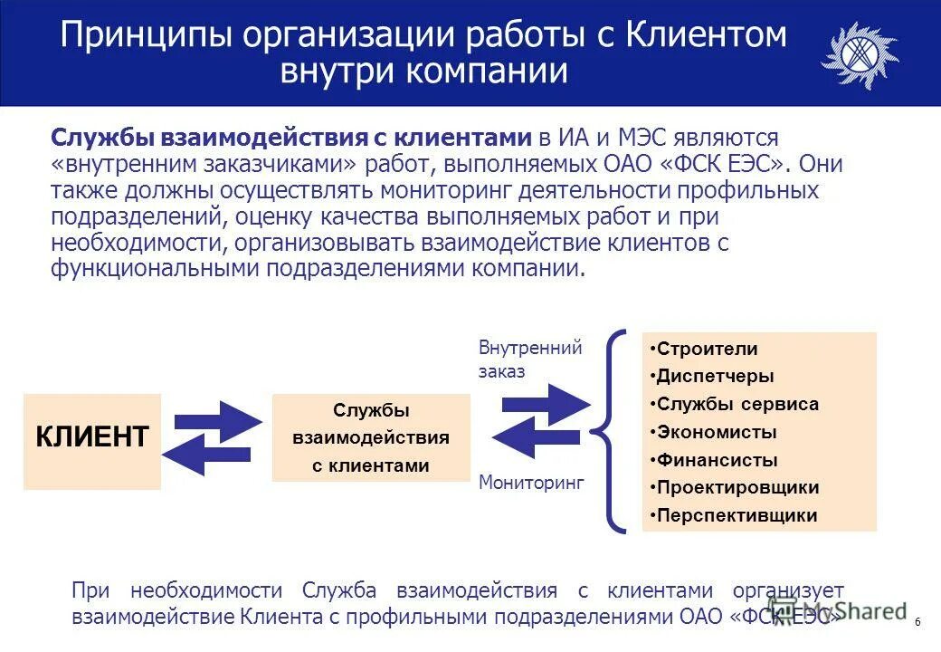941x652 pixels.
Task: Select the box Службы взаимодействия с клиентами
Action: point(371,438)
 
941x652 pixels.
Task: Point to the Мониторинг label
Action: point(531,483)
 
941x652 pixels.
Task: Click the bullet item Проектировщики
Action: point(737,488)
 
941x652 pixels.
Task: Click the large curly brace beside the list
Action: point(615,429)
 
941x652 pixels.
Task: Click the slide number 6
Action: point(917,622)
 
